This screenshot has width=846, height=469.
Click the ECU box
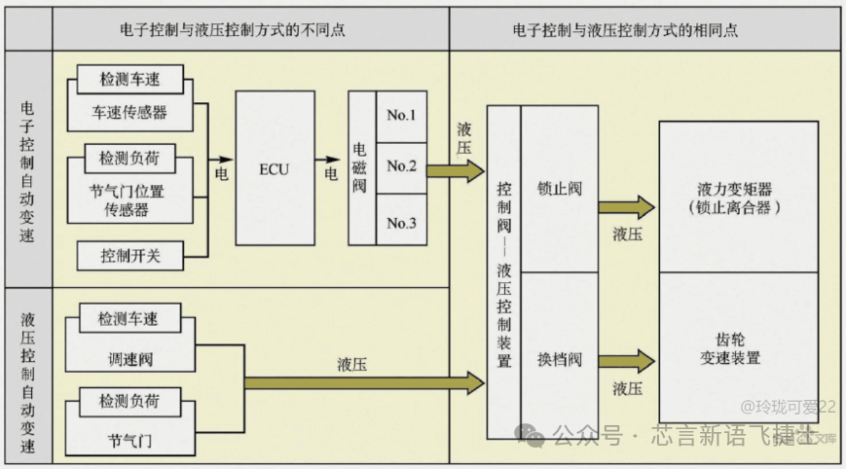coord(275,167)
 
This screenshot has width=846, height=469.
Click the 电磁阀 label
coord(360,167)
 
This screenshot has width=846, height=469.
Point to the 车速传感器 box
coord(129,112)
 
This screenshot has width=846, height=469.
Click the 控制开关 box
coord(129,256)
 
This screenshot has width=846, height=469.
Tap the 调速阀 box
coord(129,359)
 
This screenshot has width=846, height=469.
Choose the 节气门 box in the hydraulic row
coord(129,440)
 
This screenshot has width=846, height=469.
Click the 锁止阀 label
coord(559,189)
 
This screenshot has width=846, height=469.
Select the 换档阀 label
coord(559,358)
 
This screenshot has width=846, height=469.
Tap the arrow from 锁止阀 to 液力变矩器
coord(626,206)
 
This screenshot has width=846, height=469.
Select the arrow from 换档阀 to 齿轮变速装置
coord(626,360)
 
